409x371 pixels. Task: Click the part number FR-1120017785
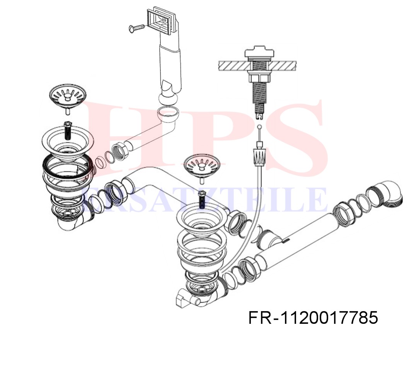(313, 318)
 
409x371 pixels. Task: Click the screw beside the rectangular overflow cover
(137, 27)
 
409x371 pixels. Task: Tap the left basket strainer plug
(68, 98)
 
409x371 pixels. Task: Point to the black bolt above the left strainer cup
(68, 130)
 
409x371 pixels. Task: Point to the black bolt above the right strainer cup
(202, 199)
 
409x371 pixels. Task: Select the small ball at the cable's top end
(259, 127)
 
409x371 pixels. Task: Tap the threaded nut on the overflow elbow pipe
(119, 152)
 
